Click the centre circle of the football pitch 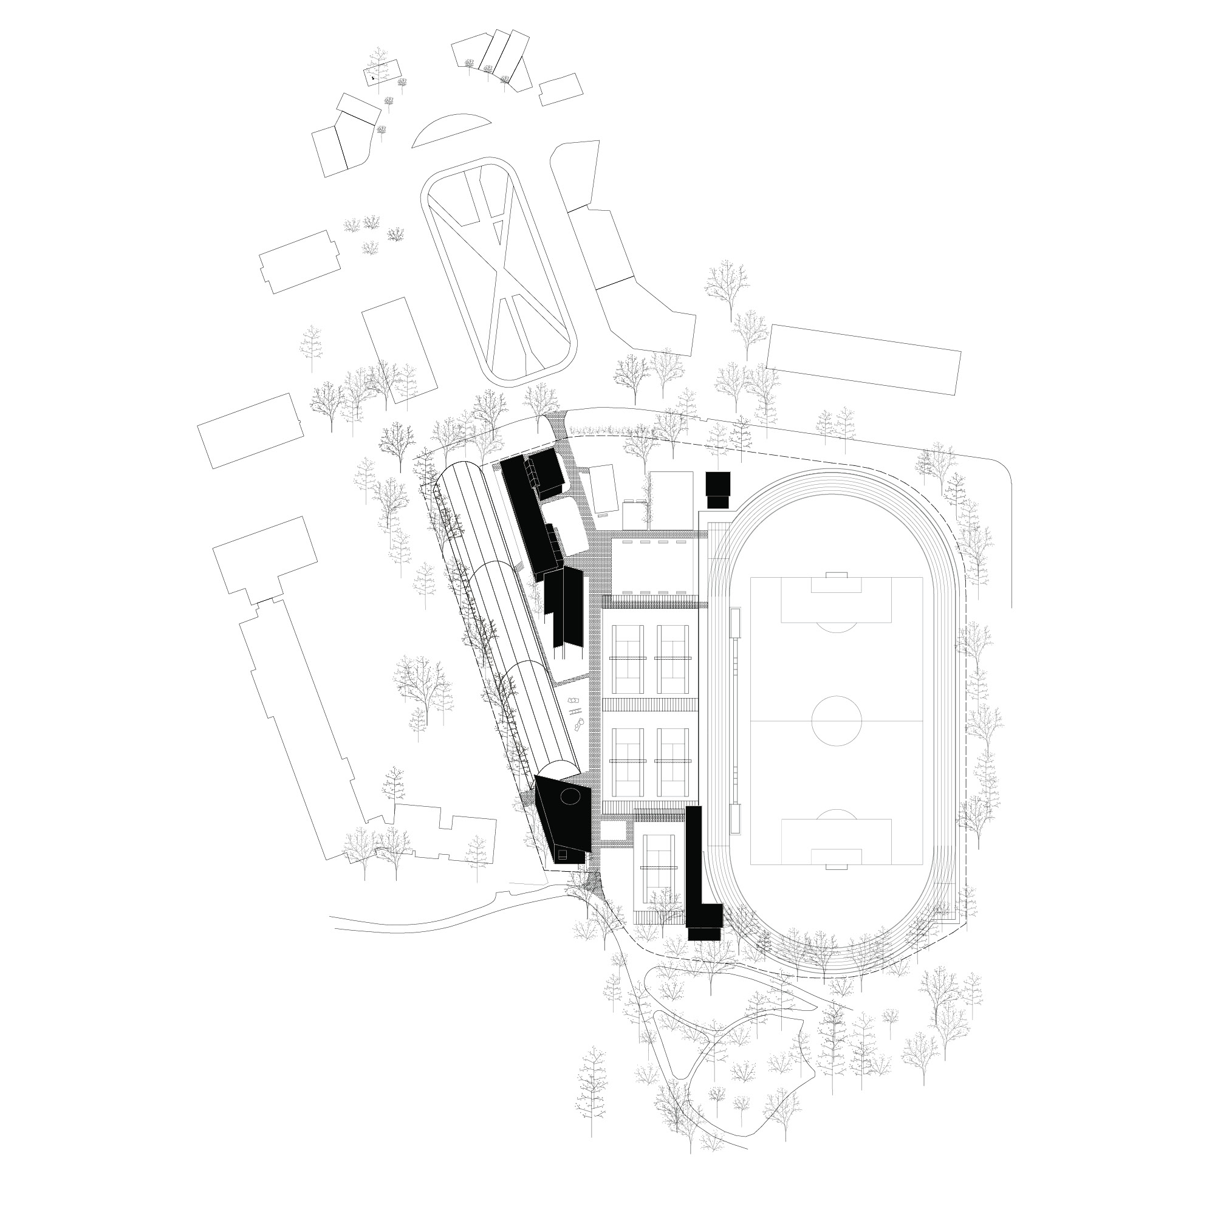pos(837,720)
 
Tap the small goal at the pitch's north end pos(837,574)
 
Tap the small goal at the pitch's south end pos(836,868)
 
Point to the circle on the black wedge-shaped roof pos(571,798)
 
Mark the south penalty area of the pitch pos(837,841)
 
